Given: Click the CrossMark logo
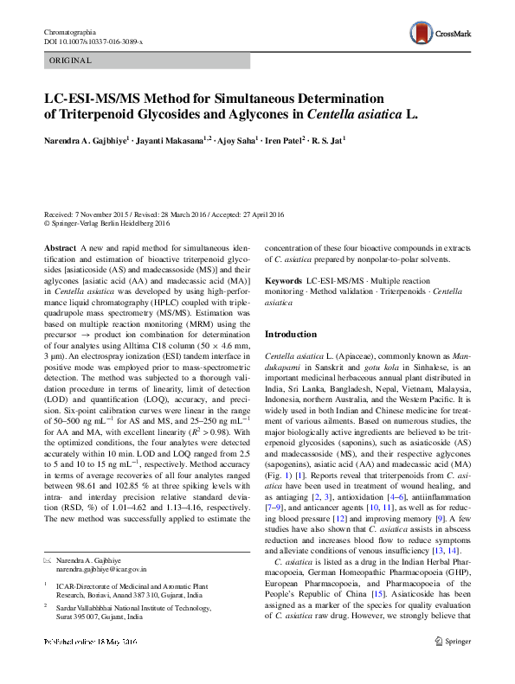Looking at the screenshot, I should [440, 32].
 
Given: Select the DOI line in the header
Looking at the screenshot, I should [93, 42].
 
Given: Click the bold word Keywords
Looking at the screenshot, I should [283, 282].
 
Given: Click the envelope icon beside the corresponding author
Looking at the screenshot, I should [48, 560].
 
